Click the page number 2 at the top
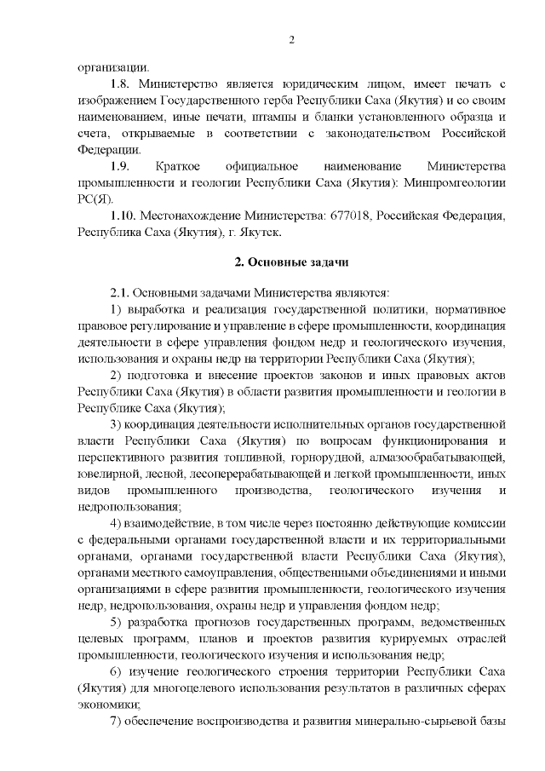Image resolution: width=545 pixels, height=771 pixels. click(290, 40)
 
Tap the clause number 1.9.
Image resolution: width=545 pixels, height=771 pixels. click(121, 165)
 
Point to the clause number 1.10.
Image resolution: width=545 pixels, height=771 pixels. click(124, 215)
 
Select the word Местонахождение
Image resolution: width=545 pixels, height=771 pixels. click(186, 215)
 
